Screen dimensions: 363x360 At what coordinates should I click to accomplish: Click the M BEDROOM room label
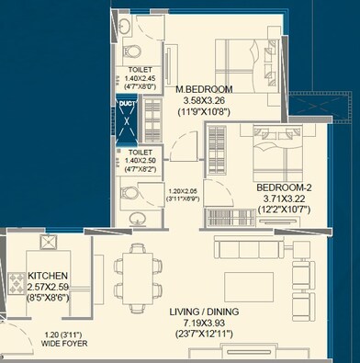pos(205,89)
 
